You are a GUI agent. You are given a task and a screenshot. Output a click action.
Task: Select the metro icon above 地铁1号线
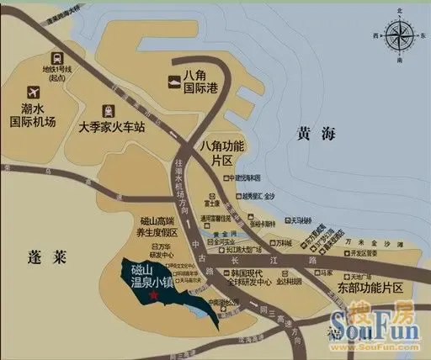57,58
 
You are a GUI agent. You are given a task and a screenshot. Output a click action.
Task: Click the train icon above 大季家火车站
108,111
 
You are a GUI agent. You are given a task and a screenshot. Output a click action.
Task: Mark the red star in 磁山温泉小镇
153,295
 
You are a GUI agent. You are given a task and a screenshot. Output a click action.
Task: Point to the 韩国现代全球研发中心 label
245,278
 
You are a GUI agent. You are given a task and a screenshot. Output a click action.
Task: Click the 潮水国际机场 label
33,113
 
